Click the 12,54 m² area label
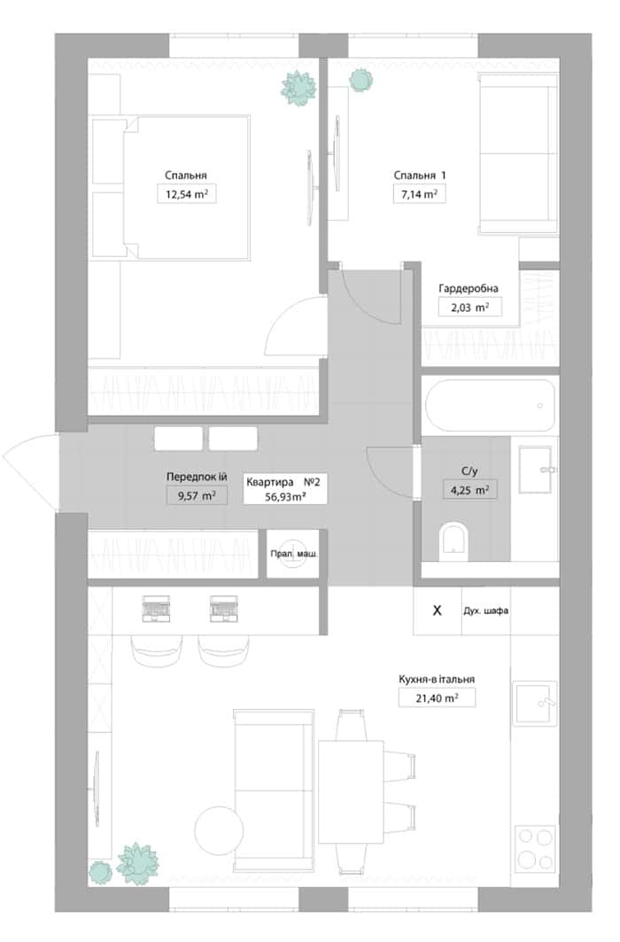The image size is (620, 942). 187,194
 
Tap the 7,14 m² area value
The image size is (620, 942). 419,194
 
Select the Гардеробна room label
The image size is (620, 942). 469,288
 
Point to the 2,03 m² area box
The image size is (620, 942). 469,308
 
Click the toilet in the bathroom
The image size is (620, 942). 453,540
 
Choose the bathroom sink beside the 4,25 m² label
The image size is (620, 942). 535,469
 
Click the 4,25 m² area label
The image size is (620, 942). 470,490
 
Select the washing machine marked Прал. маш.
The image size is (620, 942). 293,554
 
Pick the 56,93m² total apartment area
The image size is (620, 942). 286,497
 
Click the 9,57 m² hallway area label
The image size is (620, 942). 197,495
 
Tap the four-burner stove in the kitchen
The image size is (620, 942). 535,847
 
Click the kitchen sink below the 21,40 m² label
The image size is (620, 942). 535,703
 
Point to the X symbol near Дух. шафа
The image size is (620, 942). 437,611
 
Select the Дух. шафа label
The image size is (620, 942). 485,611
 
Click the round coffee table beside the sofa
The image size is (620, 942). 220,831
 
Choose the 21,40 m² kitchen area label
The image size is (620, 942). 437,697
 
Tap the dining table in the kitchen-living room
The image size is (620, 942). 351,792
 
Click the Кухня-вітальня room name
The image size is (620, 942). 437,679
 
